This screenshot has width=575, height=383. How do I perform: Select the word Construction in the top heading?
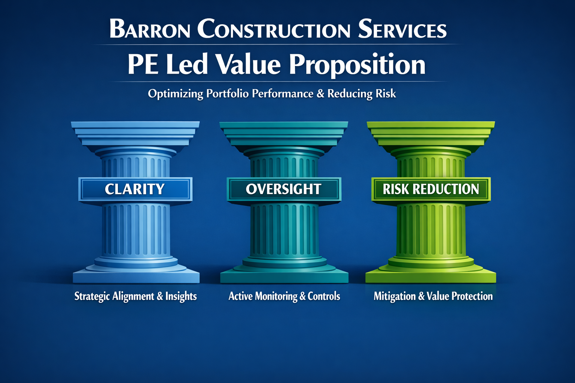pyautogui.click(x=274, y=29)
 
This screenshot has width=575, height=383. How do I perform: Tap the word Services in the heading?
pyautogui.click(x=402, y=29)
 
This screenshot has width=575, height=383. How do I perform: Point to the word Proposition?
pyautogui.click(x=357, y=65)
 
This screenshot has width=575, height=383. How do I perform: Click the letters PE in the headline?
pyautogui.click(x=142, y=64)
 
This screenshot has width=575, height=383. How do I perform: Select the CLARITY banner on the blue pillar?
pyautogui.click(x=135, y=189)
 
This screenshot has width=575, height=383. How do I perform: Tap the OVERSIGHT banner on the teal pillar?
pyautogui.click(x=284, y=189)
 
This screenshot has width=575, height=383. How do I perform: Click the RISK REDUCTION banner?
pyautogui.click(x=431, y=189)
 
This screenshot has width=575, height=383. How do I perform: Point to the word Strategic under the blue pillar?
pyautogui.click(x=92, y=296)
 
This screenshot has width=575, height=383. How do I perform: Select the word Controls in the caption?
pyautogui.click(x=324, y=296)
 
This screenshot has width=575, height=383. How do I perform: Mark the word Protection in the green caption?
pyautogui.click(x=472, y=296)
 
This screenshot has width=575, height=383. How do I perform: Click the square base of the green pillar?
pyautogui.click(x=431, y=277)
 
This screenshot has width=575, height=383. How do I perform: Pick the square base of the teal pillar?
pyautogui.click(x=284, y=277)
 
